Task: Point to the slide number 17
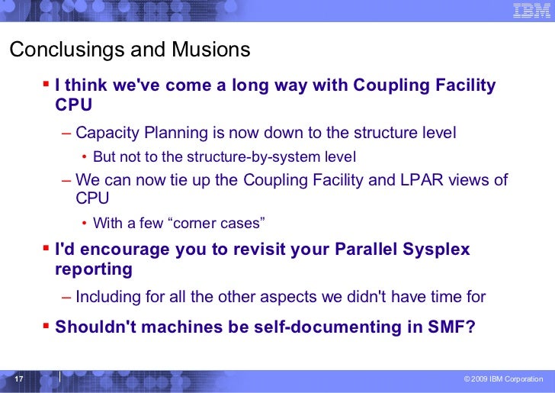point(19,379)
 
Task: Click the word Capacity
point(105,133)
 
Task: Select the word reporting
point(94,269)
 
